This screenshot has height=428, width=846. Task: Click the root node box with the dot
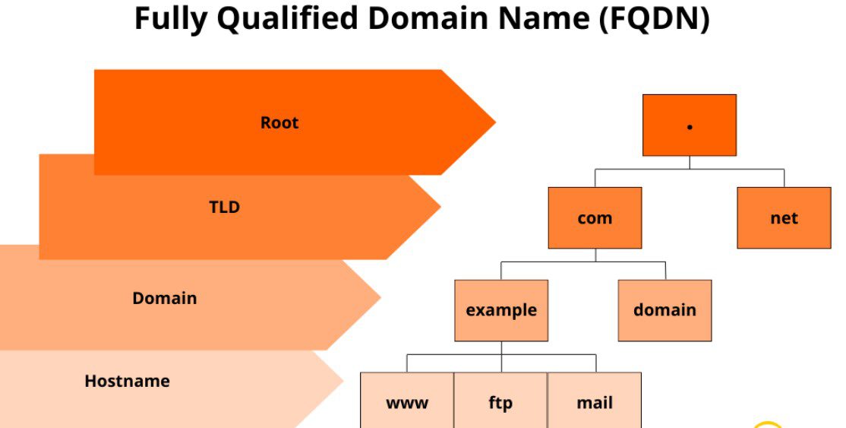689,125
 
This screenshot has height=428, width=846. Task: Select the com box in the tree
595,218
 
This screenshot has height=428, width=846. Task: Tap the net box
784,218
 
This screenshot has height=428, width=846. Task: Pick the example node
501,310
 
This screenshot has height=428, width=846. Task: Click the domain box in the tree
664,310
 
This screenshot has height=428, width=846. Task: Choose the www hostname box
407,401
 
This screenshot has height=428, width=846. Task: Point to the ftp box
500,401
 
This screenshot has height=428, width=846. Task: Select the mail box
595,401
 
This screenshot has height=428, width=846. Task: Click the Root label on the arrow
279,122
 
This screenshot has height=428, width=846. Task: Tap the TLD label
225,207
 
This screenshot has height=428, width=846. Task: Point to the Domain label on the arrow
165,298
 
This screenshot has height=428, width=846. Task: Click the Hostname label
127,381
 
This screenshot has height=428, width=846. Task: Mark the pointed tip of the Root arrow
494,122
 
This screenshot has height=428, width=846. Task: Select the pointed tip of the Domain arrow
379,297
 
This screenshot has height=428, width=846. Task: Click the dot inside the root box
690,127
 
